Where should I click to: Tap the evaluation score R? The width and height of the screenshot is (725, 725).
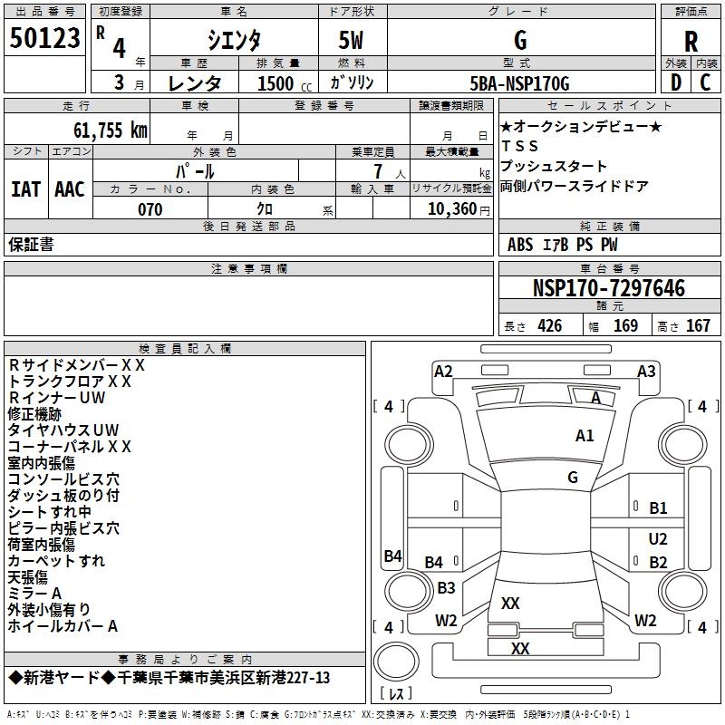[691, 41]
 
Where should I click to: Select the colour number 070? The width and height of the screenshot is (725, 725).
[150, 209]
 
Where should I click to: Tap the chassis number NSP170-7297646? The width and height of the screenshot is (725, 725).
[608, 289]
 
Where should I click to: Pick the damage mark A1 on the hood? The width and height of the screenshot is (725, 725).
[585, 436]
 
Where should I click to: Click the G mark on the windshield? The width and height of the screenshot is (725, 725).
[573, 478]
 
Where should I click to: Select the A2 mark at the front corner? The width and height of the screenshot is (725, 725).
[443, 371]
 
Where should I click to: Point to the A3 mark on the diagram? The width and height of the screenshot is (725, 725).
[646, 371]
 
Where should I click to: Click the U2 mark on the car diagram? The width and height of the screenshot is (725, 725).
[658, 538]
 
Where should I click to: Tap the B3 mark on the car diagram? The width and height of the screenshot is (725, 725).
[446, 588]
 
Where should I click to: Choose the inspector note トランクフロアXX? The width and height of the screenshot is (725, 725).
[70, 382]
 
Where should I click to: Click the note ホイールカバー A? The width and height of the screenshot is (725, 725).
[63, 626]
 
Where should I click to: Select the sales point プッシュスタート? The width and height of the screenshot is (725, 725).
[554, 167]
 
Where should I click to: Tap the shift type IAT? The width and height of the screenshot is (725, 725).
[25, 189]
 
